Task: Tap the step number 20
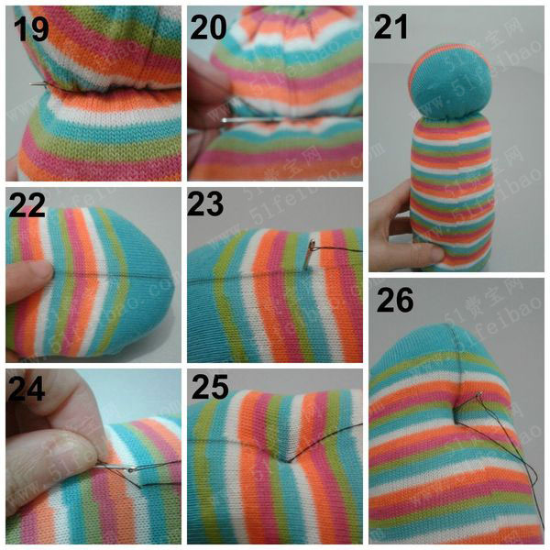[208, 27]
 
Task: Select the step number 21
[390, 27]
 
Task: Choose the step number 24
[27, 389]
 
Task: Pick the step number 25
[210, 387]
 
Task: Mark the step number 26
[394, 300]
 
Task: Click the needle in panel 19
[40, 83]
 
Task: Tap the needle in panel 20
[246, 120]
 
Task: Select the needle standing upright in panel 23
[310, 254]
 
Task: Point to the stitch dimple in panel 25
[290, 461]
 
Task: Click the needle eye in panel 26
[478, 395]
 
